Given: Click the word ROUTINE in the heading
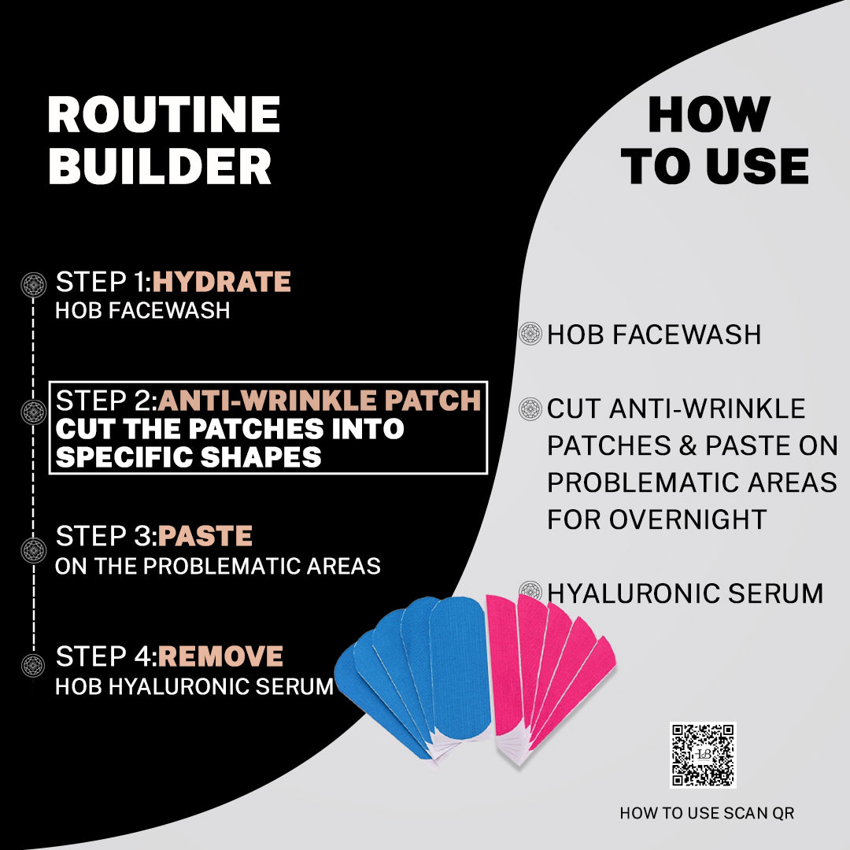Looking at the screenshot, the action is [x=164, y=114].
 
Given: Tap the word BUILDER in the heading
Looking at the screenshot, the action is [x=160, y=166].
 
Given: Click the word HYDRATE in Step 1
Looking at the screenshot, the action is [x=222, y=282].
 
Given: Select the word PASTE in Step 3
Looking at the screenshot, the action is [x=205, y=536].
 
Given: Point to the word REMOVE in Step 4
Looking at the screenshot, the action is [x=220, y=656].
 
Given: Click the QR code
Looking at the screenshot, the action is [x=703, y=755].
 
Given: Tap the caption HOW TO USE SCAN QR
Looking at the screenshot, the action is [x=707, y=813].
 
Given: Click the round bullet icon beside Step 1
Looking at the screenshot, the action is [x=34, y=285].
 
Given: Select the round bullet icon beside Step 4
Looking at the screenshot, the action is [x=34, y=665].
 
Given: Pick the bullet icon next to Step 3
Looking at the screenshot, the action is [x=34, y=550].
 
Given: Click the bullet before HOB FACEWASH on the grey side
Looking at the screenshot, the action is [x=530, y=334].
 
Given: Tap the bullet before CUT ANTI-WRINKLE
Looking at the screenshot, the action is [x=530, y=408].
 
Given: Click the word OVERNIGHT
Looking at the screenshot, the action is [x=687, y=519].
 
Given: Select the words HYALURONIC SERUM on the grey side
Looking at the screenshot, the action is [x=686, y=593].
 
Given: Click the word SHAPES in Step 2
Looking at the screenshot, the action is [x=261, y=457].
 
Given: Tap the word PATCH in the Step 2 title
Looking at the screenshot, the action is [x=433, y=401].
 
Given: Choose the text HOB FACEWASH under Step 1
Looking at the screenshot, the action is [x=142, y=311].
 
